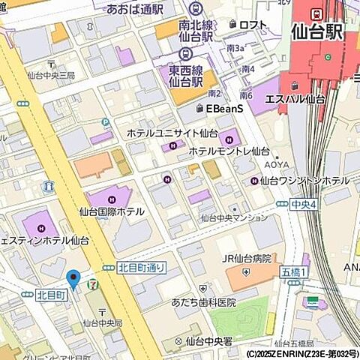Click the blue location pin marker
point(73,280)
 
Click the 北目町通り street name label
point(142,267)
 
